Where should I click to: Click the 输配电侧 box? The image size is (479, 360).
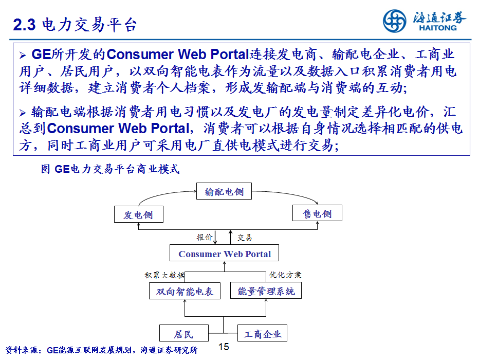[224, 191]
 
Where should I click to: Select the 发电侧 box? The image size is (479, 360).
[138, 214]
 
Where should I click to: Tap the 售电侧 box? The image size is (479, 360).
[317, 213]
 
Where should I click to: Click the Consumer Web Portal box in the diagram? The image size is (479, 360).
[224, 253]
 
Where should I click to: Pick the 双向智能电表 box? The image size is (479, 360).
[185, 291]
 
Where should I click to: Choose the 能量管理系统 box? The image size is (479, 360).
[266, 291]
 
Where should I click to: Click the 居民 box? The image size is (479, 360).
[184, 333]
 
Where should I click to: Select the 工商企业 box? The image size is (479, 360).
[262, 333]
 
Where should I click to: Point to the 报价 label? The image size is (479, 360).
[205, 237]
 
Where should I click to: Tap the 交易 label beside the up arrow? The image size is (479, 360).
[245, 238]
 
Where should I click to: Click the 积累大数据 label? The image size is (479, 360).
[164, 275]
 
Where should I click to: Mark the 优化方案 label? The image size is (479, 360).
[285, 275]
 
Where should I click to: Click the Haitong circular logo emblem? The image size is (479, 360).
[394, 21]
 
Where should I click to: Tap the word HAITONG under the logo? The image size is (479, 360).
[438, 28]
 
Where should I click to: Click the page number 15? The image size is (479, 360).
[224, 347]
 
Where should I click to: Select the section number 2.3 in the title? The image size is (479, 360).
[25, 25]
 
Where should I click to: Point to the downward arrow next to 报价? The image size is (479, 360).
[215, 237]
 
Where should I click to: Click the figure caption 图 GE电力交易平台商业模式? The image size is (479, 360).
[110, 169]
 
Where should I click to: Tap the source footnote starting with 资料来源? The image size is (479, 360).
[101, 350]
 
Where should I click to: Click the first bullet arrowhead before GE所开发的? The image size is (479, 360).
[23, 56]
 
